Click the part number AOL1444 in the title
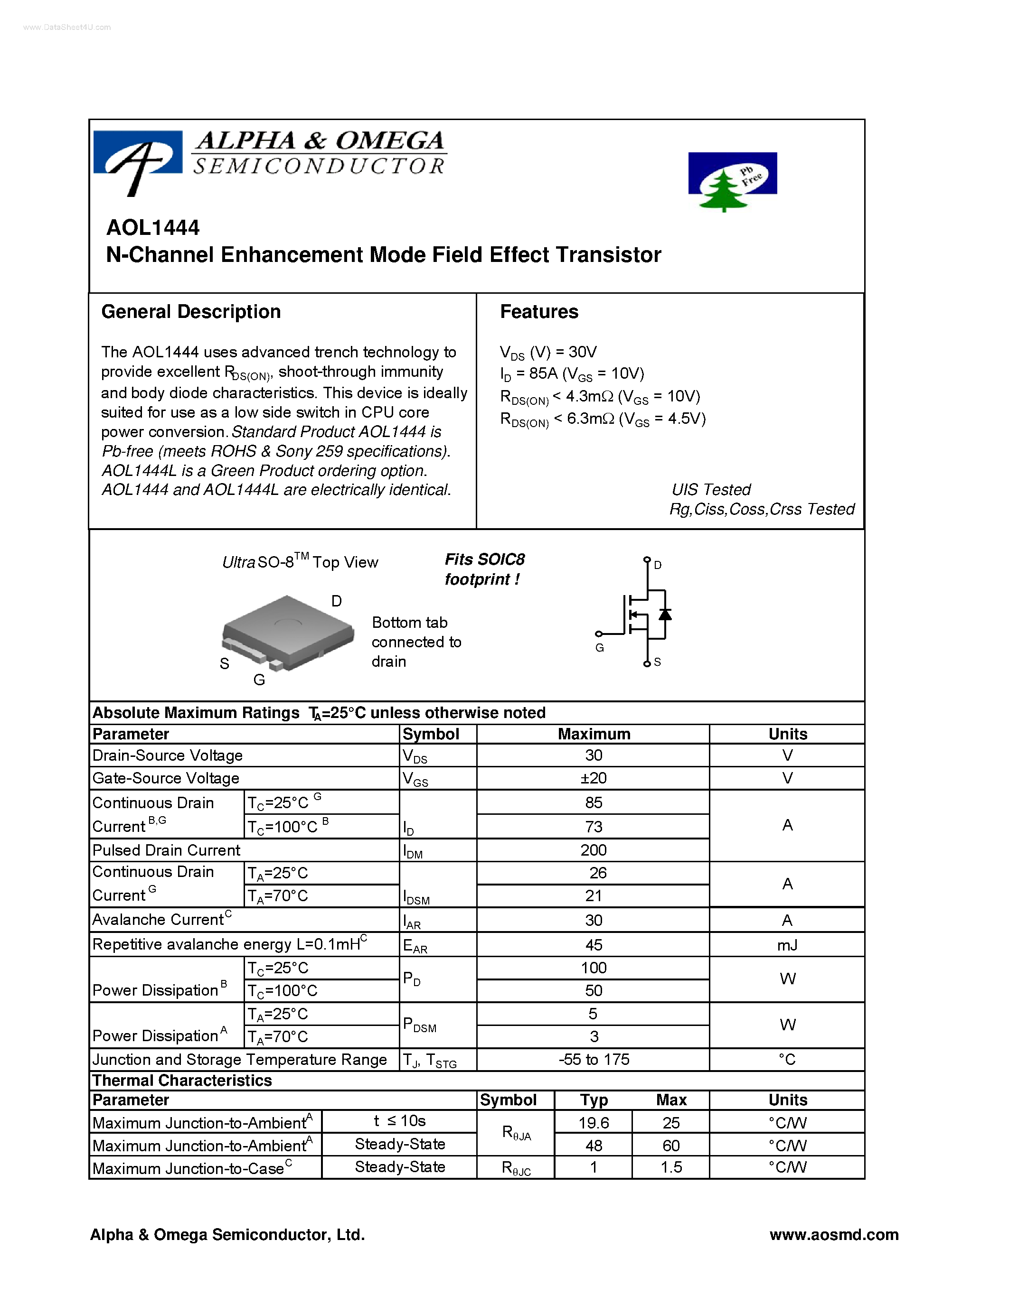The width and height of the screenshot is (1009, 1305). [x=153, y=228]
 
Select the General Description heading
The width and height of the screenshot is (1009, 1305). [x=191, y=312]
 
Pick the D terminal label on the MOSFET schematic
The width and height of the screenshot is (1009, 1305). [x=658, y=565]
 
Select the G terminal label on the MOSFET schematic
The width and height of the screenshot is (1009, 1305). [x=600, y=648]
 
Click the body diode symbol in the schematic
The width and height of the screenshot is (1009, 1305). [x=665, y=614]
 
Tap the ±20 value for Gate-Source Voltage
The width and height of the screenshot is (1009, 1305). [x=593, y=778]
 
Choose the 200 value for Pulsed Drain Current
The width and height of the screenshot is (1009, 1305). [x=593, y=850]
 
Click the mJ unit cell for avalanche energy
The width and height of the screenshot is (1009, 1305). [x=787, y=945]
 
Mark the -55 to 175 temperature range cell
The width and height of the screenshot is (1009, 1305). [x=593, y=1059]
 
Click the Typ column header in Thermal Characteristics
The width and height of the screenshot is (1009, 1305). [x=593, y=1100]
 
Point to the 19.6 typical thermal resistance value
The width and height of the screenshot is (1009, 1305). [x=593, y=1123]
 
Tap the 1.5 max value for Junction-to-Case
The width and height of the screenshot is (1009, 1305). [x=670, y=1167]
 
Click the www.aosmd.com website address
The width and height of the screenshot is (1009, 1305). [x=833, y=1234]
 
